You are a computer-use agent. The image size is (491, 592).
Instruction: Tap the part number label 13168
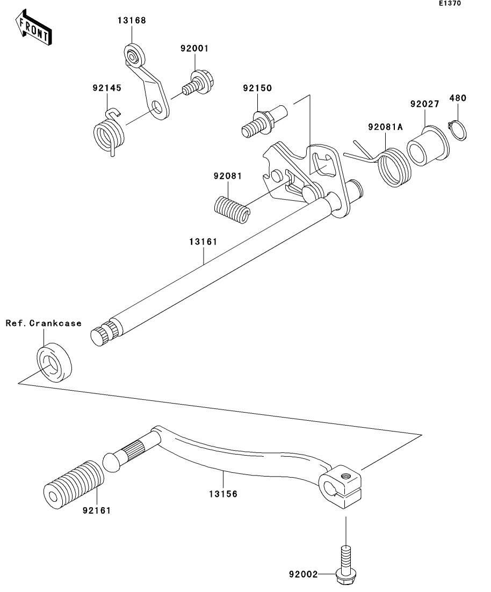(132, 20)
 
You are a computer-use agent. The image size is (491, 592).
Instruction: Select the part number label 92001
(194, 48)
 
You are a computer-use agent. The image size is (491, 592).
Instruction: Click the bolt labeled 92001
(198, 83)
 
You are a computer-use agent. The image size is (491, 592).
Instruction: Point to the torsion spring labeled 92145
(109, 132)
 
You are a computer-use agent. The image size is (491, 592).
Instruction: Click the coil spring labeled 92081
(232, 209)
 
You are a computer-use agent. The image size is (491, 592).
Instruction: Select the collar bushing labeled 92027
(428, 147)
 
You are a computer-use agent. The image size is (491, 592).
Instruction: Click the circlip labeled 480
(457, 130)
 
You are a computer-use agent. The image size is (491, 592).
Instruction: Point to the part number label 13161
(204, 242)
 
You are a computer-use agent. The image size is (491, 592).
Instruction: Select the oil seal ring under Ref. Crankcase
(55, 362)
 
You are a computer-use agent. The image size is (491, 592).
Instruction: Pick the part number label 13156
(223, 494)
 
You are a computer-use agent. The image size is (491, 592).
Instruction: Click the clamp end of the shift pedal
(340, 487)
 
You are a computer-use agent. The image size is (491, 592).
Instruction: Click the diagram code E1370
(450, 3)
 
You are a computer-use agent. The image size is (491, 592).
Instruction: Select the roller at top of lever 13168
(134, 56)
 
